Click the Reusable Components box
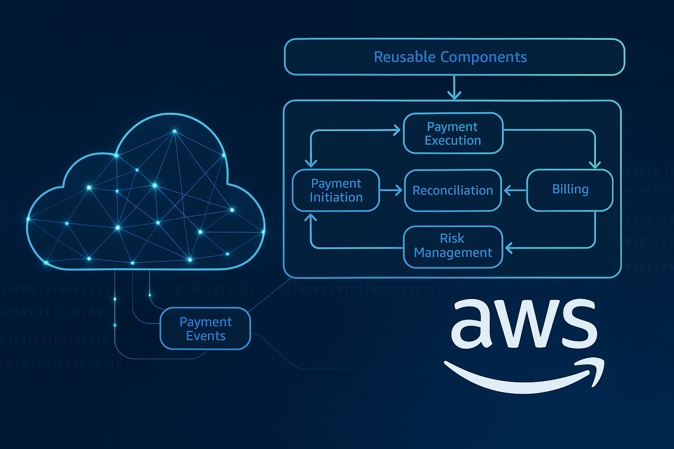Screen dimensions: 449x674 click(454, 57)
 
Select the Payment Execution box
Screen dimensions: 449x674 click(453, 133)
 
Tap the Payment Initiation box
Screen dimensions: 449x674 click(336, 190)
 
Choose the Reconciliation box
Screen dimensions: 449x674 click(452, 190)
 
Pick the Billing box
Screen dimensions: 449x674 click(570, 189)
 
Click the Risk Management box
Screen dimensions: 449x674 click(452, 246)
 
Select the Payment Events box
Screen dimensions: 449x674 click(205, 329)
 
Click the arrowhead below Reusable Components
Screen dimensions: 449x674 click(454, 95)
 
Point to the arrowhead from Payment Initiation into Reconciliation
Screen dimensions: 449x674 click(398, 190)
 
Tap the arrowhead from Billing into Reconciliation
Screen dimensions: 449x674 click(508, 190)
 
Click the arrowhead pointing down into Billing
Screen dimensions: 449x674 click(595, 164)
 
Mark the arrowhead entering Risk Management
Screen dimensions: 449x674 click(509, 248)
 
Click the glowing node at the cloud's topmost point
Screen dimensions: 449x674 click(174, 131)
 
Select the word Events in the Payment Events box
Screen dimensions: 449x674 click(205, 336)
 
